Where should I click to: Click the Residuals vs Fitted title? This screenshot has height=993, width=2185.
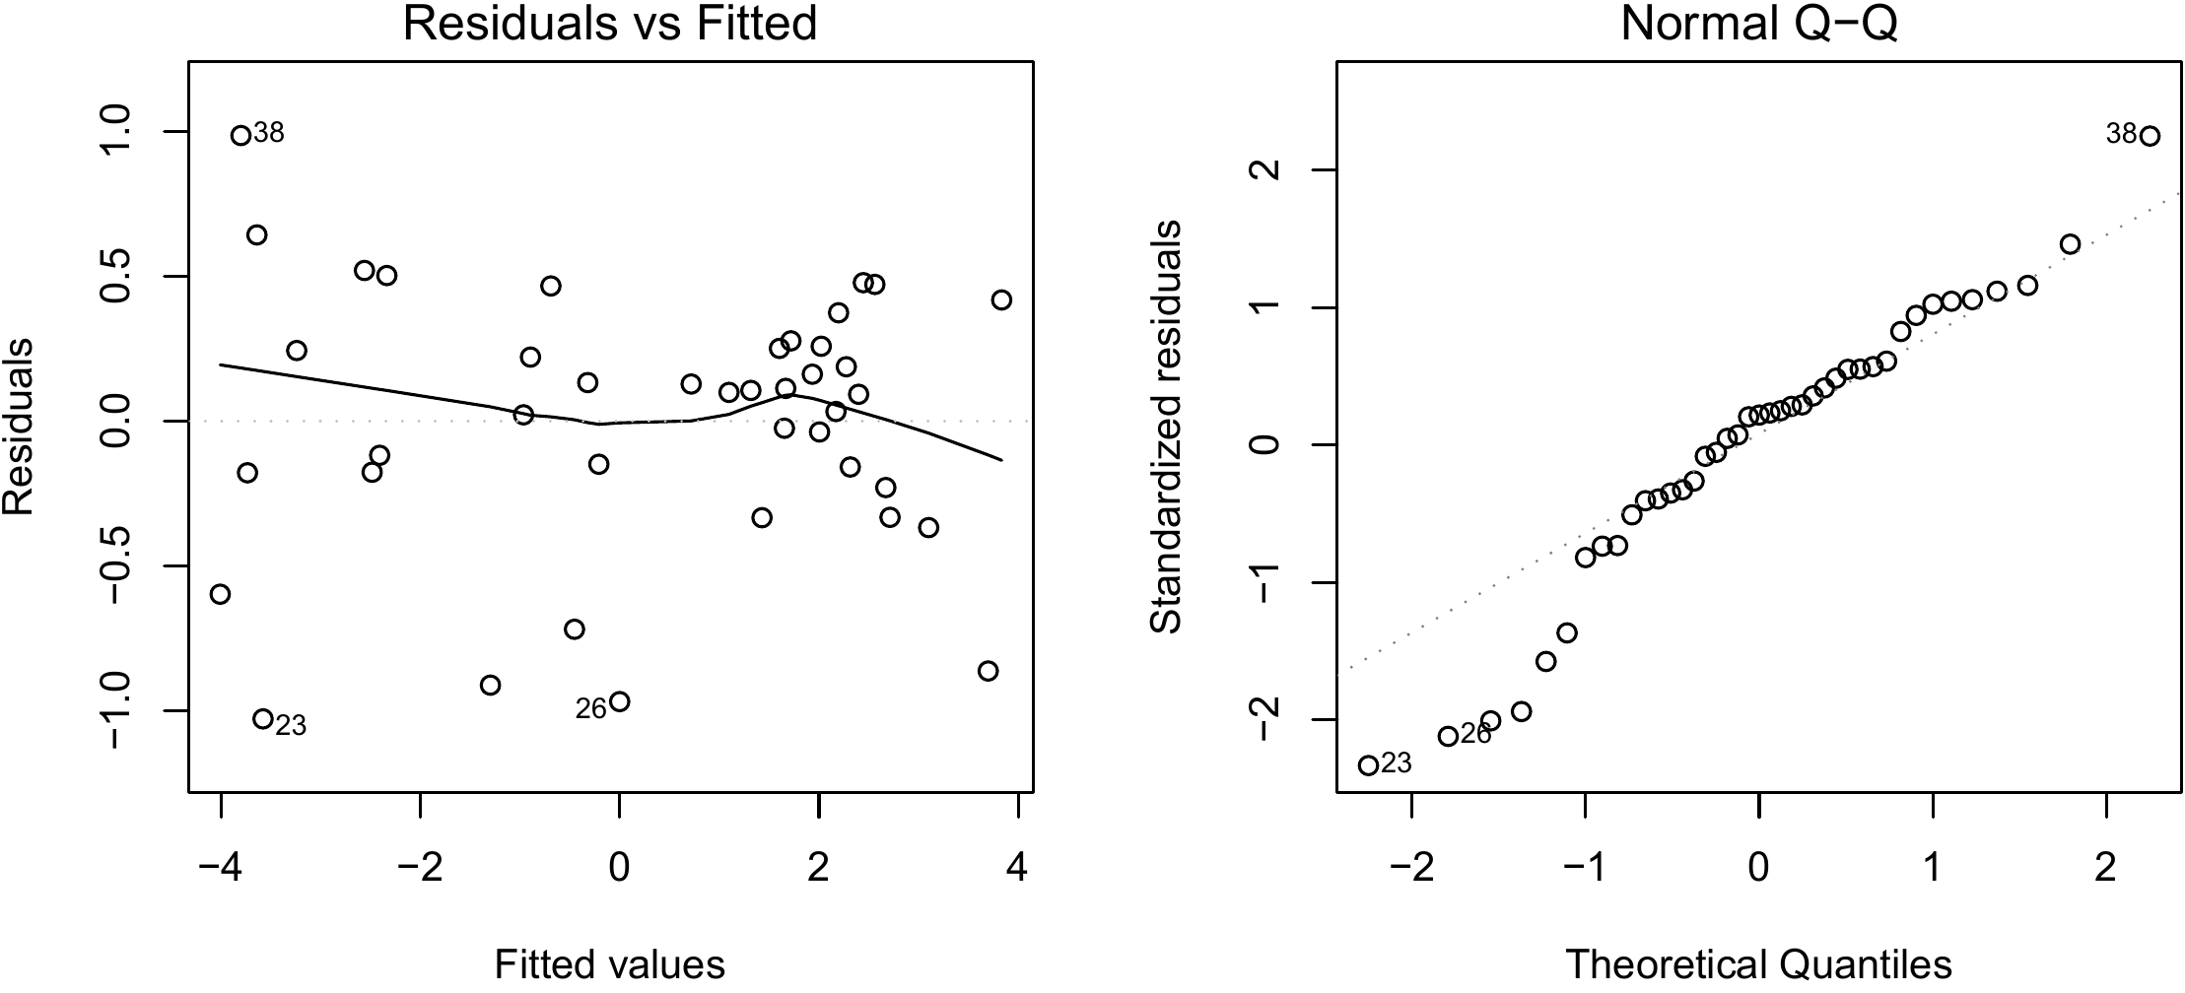(610, 24)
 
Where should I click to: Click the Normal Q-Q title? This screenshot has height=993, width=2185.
(1758, 24)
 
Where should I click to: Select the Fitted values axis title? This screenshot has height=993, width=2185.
(610, 964)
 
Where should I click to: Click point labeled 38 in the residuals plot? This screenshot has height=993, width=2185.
(240, 135)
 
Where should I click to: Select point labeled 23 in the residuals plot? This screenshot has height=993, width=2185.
(262, 718)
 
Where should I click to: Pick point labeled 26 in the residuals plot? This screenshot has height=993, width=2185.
(620, 701)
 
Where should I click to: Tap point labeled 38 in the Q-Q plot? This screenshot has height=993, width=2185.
(2150, 136)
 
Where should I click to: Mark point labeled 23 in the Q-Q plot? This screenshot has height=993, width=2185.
(1368, 765)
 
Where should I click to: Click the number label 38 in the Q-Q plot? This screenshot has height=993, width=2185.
(2121, 134)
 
